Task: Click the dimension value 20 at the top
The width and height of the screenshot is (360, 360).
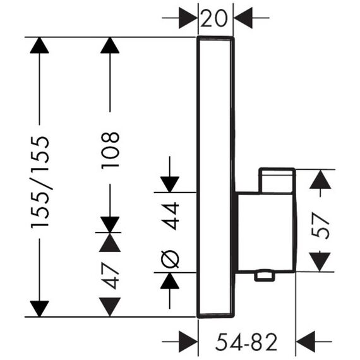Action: tap(214, 18)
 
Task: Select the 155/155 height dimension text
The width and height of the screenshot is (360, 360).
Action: tap(40, 182)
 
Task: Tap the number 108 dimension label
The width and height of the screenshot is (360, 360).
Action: tap(110, 150)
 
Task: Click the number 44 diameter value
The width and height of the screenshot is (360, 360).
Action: tap(170, 216)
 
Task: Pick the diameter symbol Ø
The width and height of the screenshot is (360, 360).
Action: tap(170, 259)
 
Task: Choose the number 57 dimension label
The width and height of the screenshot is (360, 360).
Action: tap(320, 226)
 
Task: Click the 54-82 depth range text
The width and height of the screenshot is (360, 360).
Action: tap(246, 342)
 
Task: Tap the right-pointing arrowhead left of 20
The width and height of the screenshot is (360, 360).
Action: tap(188, 18)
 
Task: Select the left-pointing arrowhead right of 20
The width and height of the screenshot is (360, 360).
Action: tap(243, 18)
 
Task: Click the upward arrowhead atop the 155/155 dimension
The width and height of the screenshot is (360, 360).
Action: tap(40, 45)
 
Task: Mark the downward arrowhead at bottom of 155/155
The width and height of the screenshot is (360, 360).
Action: tap(40, 309)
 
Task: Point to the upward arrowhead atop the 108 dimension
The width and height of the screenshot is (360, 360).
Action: tap(110, 45)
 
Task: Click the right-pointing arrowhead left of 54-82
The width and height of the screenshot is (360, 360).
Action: tap(188, 342)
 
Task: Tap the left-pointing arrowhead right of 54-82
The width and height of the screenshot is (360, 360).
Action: tap(305, 342)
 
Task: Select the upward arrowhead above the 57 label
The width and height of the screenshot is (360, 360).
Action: tap(320, 179)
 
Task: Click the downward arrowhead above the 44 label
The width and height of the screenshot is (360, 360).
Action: tap(170, 184)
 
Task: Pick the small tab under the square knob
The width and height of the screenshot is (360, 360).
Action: tap(265, 277)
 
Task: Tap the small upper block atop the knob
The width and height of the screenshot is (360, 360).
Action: tap(277, 181)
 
